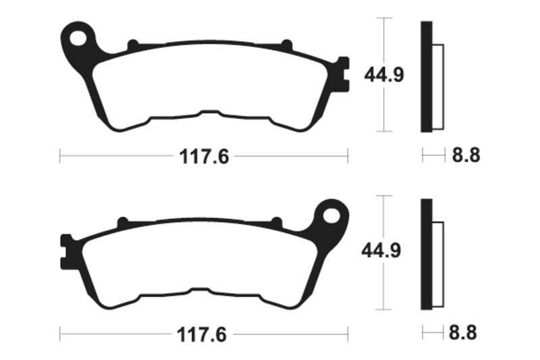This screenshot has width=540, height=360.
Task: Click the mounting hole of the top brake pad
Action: coord(80,38)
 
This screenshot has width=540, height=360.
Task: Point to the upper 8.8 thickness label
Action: coord(465,156)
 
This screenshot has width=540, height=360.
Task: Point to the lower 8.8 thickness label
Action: coord(465,333)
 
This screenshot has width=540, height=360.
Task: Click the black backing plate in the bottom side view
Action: coord(426,254)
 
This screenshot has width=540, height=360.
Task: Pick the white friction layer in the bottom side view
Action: coord(436,264)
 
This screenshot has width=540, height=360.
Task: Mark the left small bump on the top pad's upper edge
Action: coord(132,45)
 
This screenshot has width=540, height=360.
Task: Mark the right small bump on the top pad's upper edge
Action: coord(286,45)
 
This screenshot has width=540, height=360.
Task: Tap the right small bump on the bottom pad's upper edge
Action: coord(275,222)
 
